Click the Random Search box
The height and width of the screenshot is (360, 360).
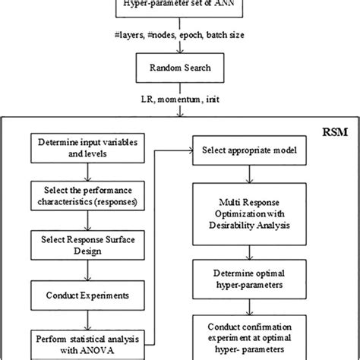181,69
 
